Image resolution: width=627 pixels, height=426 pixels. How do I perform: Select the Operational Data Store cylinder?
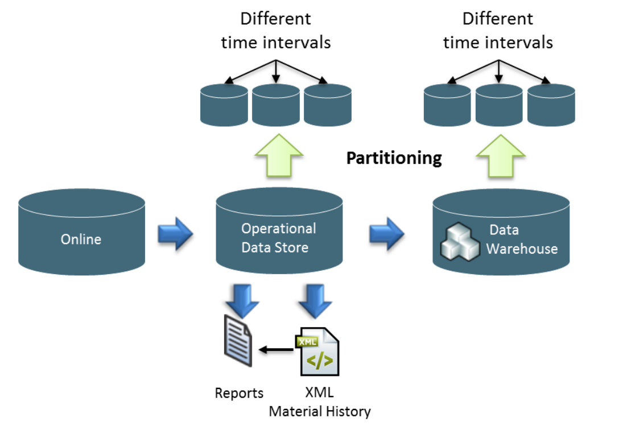click(x=279, y=233)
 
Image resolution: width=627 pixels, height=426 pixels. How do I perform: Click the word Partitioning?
click(x=394, y=158)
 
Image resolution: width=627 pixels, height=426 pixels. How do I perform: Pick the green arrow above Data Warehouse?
click(x=500, y=156)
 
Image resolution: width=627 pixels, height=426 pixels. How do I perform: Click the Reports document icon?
click(x=238, y=341)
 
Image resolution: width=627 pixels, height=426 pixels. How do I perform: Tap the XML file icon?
click(x=317, y=351)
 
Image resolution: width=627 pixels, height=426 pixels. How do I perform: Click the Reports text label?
click(x=239, y=393)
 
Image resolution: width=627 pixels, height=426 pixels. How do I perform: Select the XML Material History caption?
click(x=320, y=402)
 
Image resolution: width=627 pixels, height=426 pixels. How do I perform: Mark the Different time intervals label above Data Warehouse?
click(x=498, y=31)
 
